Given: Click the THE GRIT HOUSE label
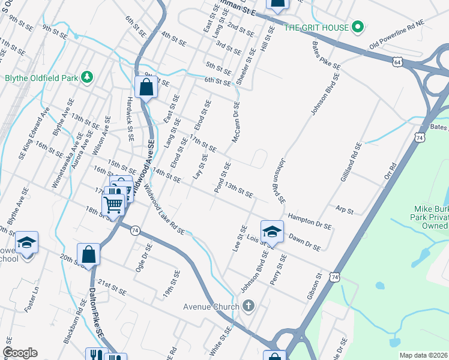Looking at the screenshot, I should point(317,28).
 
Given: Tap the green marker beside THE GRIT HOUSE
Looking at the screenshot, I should point(358,27).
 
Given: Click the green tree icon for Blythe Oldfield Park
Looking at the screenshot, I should point(88,77).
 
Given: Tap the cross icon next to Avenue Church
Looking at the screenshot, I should point(249,306).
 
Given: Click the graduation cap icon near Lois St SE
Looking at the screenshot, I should point(271,230).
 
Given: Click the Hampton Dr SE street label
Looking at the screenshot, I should point(310,221).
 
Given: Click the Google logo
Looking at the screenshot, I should point(20,352).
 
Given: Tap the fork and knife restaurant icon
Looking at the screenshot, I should point(95,355).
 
